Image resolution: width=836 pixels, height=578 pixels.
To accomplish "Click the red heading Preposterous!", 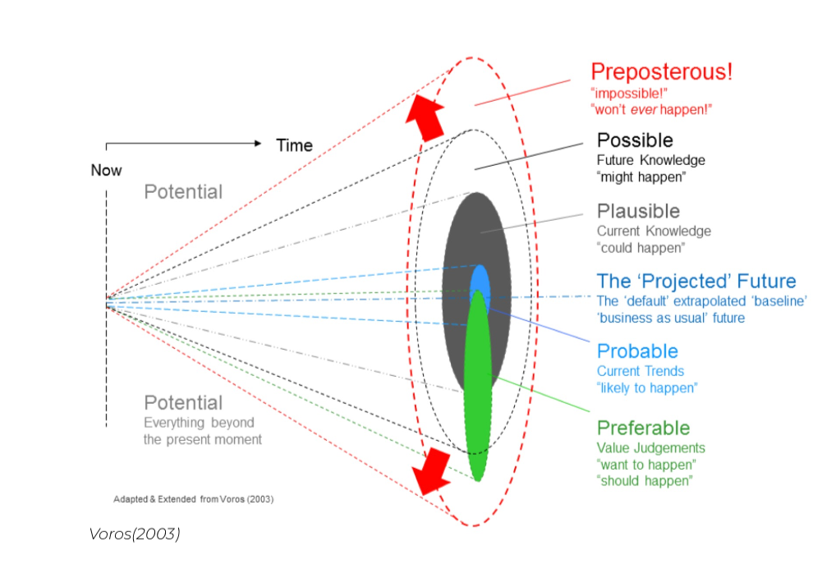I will pyautogui.click(x=661, y=71).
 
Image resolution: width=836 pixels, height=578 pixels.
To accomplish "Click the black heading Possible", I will pyautogui.click(x=635, y=140).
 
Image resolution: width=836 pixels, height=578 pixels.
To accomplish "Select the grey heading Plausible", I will pyautogui.click(x=638, y=211).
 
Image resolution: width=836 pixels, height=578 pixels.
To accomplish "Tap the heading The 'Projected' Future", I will pyautogui.click(x=696, y=282).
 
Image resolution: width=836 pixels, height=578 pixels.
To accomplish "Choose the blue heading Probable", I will pyautogui.click(x=637, y=351).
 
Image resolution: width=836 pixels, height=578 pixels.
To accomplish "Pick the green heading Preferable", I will pyautogui.click(x=643, y=428).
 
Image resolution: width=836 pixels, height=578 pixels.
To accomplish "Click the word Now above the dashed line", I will pyautogui.click(x=106, y=170).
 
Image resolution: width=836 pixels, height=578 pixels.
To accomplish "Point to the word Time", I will pyautogui.click(x=294, y=145).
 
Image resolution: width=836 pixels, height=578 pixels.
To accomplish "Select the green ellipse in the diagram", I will pyautogui.click(x=478, y=386).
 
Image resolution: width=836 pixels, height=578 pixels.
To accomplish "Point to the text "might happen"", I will pyautogui.click(x=641, y=177).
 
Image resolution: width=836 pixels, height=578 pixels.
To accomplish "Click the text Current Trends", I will pyautogui.click(x=640, y=371).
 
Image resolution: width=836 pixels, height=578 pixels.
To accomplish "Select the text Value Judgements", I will pyautogui.click(x=650, y=447).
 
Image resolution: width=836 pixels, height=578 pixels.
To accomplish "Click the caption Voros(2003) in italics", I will pyautogui.click(x=134, y=534).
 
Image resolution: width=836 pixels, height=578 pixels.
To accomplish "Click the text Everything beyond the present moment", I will pyautogui.click(x=202, y=431).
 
